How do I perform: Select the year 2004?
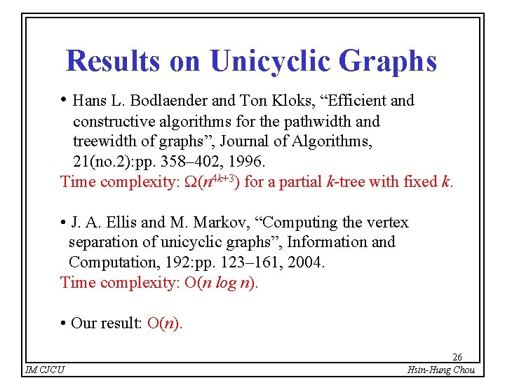pos(307,262)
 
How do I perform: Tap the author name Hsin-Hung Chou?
pos(441,370)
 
